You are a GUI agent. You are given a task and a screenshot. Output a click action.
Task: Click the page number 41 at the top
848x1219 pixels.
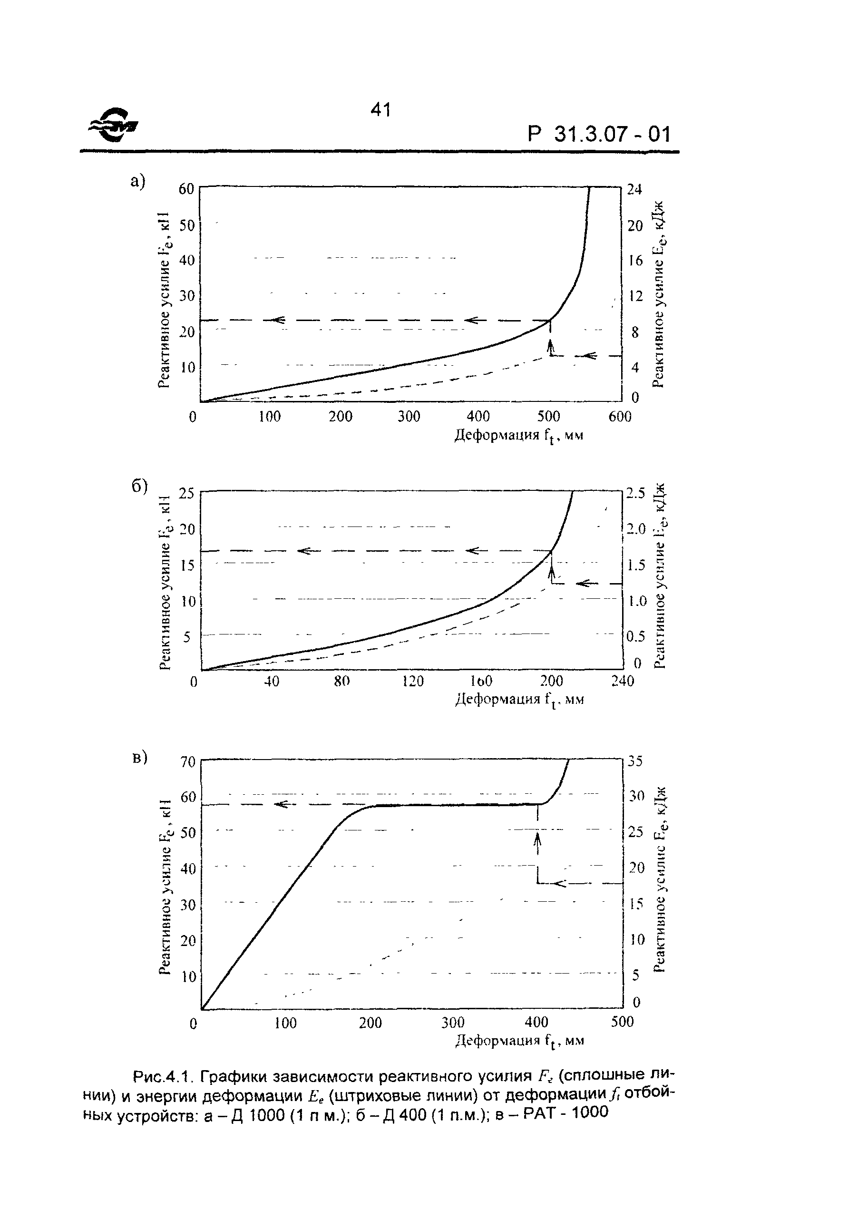(381, 110)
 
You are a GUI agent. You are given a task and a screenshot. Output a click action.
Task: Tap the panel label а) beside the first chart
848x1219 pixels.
(137, 182)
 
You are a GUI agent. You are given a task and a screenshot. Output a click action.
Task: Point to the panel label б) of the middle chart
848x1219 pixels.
(139, 486)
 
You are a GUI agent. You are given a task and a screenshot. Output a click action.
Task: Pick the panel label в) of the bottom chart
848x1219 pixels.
(139, 758)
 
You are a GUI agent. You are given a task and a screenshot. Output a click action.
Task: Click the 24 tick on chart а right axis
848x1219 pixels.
(634, 190)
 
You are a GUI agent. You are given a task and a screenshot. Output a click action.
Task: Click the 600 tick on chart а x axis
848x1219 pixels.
(620, 417)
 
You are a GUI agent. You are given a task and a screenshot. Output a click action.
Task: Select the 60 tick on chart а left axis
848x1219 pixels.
(186, 190)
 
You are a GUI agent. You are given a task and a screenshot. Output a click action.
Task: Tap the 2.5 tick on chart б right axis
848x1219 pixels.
(635, 494)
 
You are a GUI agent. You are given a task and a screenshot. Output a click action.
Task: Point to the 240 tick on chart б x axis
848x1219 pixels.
(623, 681)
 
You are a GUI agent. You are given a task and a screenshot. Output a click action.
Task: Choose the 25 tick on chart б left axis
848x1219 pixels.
(186, 494)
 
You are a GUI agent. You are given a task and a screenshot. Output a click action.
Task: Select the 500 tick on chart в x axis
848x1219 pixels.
(623, 1022)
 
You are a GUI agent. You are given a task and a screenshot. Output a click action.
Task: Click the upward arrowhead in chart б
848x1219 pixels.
(552, 571)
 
